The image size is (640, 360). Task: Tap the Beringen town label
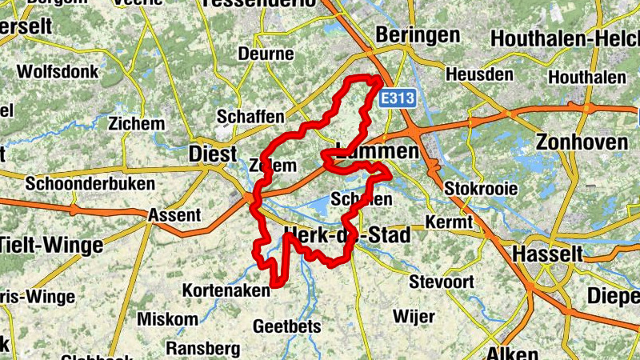[418, 35]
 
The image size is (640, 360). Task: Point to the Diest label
[213, 154]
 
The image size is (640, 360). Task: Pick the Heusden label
[480, 74]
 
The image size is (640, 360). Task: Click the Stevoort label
[442, 282]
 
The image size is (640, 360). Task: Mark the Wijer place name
[414, 316]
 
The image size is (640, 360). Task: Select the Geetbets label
[286, 326]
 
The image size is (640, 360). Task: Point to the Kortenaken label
[226, 290]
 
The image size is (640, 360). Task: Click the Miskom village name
[167, 319]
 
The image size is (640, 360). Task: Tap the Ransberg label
[203, 349]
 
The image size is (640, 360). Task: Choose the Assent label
[174, 215]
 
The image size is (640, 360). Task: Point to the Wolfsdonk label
[58, 71]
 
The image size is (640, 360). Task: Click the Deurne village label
[266, 54]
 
